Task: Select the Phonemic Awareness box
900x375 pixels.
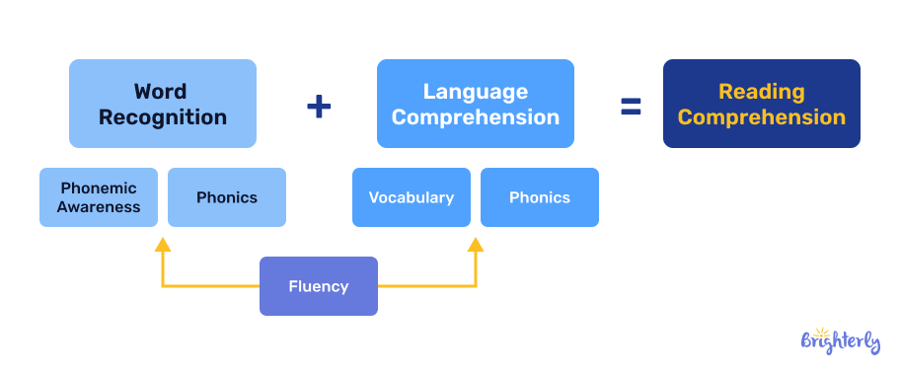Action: (x=99, y=197)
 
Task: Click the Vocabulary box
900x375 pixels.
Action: (x=412, y=197)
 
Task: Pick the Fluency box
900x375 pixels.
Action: (x=319, y=286)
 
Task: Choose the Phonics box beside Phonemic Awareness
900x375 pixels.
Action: (x=227, y=197)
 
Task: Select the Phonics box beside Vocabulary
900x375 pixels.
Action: (x=540, y=197)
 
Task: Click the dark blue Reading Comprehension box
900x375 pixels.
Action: (x=762, y=104)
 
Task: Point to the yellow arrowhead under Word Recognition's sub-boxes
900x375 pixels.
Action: (x=163, y=244)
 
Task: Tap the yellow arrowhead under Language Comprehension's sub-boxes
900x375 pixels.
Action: (x=476, y=244)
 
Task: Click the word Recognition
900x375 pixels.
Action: (x=163, y=117)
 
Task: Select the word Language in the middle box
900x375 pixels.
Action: (x=476, y=92)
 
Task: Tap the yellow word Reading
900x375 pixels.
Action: (x=762, y=92)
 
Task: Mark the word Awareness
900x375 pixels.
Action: (x=99, y=207)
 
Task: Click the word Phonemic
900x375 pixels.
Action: (x=99, y=187)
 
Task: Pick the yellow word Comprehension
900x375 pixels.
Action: (x=762, y=117)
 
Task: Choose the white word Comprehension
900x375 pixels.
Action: (x=476, y=117)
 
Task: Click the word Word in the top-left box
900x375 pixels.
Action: (x=161, y=92)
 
